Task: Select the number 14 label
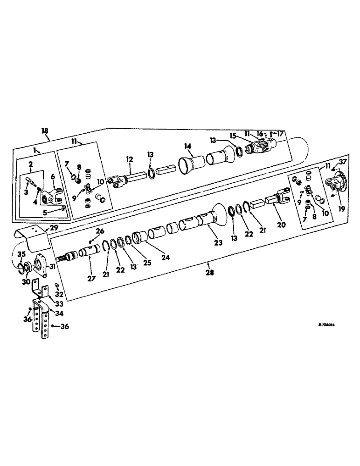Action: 187,146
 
